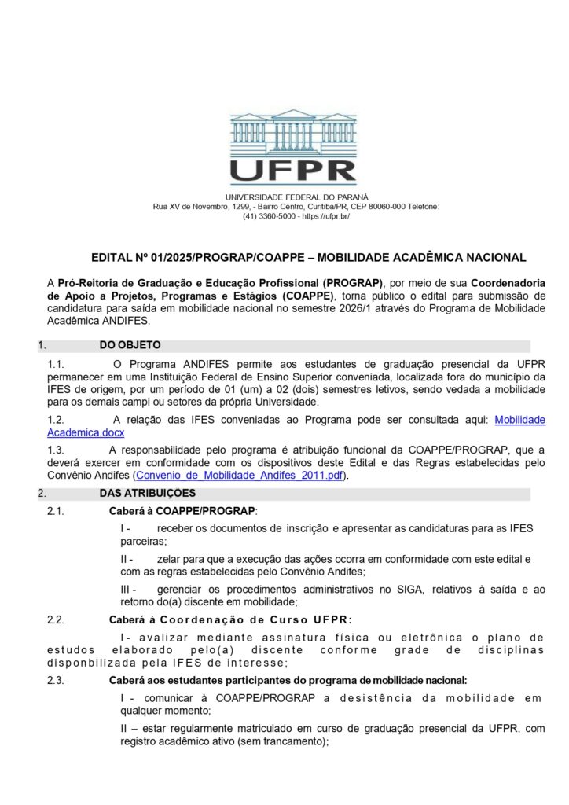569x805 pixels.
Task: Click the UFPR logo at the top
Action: [293, 147]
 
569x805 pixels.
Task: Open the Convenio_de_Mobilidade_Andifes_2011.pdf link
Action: [240, 476]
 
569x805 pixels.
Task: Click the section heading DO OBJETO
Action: [130, 345]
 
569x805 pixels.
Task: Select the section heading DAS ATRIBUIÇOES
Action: [147, 493]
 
